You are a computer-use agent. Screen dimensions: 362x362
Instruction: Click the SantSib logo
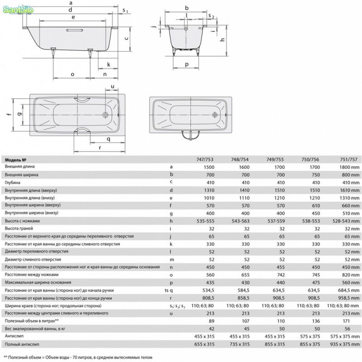[x=18, y=10]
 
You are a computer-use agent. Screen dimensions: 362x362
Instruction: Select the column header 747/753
[x=205, y=160]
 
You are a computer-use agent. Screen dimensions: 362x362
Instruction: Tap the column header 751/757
[x=348, y=160]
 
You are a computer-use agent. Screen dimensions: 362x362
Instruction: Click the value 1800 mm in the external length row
[x=349, y=167]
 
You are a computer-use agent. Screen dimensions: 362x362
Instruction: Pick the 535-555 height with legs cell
[x=206, y=221]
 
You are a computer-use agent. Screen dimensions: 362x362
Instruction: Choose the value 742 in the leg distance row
[x=280, y=275]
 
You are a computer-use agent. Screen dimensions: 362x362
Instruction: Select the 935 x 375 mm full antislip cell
[x=345, y=344]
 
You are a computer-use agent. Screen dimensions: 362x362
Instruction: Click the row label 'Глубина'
[x=13, y=183]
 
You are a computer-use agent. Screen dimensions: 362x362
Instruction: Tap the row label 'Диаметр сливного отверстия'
[x=33, y=259]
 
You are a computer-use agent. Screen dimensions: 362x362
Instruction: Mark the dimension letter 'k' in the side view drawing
[x=108, y=64]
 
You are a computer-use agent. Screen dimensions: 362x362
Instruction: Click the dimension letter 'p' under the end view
[x=187, y=64]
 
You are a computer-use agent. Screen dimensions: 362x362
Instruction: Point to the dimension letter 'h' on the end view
[x=222, y=39]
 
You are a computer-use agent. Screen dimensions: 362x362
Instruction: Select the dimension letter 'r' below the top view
[x=100, y=148]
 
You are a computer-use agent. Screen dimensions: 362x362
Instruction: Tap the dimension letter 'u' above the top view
[x=112, y=86]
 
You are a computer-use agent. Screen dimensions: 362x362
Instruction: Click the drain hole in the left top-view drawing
[x=106, y=115]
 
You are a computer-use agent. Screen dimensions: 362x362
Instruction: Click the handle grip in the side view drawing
[x=74, y=30]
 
